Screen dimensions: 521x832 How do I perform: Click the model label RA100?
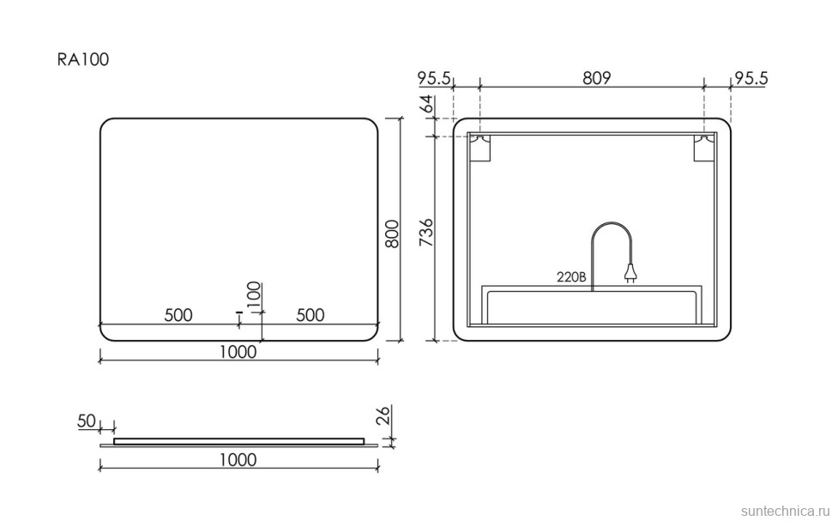pyautogui.click(x=82, y=60)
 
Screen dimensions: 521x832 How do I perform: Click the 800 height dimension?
pyautogui.click(x=392, y=232)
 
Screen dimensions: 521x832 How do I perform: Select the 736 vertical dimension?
pyautogui.click(x=426, y=233)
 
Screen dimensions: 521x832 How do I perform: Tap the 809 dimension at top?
pyautogui.click(x=596, y=78)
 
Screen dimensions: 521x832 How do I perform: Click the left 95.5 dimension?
pyautogui.click(x=435, y=78)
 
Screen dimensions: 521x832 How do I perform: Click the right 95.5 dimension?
pyautogui.click(x=751, y=78)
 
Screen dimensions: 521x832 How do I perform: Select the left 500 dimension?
pyautogui.click(x=178, y=315)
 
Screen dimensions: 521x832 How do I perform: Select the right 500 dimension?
pyautogui.click(x=310, y=315)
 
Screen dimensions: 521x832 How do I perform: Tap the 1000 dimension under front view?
pyautogui.click(x=238, y=352)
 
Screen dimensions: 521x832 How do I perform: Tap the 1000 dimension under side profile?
pyautogui.click(x=238, y=459)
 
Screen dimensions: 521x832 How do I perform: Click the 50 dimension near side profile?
pyautogui.click(x=86, y=421)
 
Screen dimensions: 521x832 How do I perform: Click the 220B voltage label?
pyautogui.click(x=570, y=277)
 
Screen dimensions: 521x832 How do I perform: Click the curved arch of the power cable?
pyautogui.click(x=611, y=227)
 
